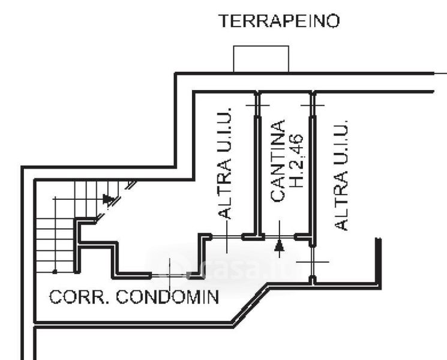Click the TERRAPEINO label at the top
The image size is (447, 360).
pyautogui.click(x=279, y=22)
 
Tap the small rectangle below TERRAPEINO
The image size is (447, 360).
pyautogui.click(x=261, y=59)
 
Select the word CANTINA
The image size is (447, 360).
pyautogui.click(x=277, y=161)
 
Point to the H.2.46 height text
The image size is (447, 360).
pyautogui.click(x=297, y=161)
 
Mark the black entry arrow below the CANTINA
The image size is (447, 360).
pyautogui.click(x=279, y=245)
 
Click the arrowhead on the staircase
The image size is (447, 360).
pyautogui.click(x=109, y=199)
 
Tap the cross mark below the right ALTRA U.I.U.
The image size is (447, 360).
pyautogui.click(x=313, y=262)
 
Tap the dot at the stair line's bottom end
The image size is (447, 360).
pyautogui.click(x=55, y=272)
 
